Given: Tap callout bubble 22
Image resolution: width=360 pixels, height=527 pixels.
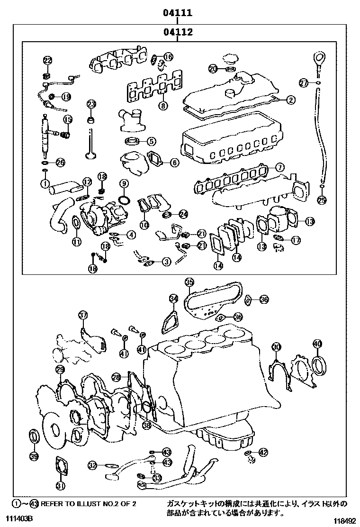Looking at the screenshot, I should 47,60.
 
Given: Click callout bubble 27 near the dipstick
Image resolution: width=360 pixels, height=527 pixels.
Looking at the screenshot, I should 304,83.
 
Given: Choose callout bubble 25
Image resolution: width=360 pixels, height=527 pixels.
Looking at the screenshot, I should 322,200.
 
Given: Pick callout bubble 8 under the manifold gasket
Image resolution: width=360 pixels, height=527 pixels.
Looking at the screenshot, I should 163,106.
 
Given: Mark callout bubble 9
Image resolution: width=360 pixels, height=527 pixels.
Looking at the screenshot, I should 124,183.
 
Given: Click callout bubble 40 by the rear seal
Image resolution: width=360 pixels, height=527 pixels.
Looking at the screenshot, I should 317,344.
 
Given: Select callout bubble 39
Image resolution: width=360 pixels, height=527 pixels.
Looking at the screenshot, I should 33,456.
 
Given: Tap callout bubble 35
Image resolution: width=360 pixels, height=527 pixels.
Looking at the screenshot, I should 189,283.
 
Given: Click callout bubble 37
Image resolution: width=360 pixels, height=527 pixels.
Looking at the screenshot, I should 83,315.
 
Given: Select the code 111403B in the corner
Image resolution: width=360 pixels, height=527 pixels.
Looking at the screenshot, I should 19,520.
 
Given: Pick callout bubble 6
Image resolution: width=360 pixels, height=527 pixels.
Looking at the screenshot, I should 174,163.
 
